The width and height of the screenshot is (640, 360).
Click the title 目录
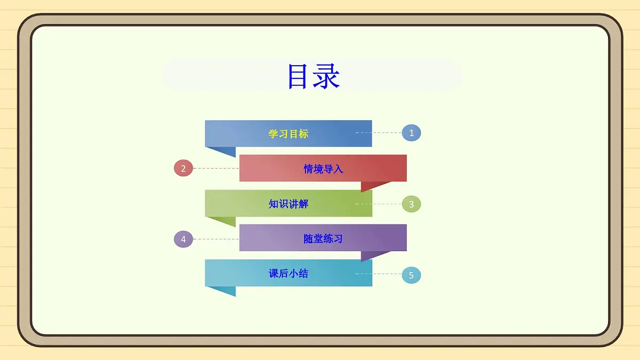tap(314, 77)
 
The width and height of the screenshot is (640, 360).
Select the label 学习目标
tap(288, 134)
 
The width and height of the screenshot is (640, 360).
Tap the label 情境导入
tap(323, 169)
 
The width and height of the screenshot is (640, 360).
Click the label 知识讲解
tap(288, 204)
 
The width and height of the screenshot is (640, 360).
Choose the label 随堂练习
tap(323, 239)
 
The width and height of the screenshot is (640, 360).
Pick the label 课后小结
tap(288, 274)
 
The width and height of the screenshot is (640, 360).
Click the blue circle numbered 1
tap(411, 133)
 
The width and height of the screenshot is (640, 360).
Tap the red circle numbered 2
tap(183, 169)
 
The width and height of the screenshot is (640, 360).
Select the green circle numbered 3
tap(411, 204)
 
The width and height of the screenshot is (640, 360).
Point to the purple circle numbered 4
tap(183, 239)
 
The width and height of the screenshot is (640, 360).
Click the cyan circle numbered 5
tap(411, 275)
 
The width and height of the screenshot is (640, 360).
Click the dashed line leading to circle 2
tap(215, 169)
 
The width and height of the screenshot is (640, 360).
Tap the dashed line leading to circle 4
tap(215, 239)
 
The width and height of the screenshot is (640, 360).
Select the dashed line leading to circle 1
tap(379, 132)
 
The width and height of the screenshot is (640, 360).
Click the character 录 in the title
tap(326, 77)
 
